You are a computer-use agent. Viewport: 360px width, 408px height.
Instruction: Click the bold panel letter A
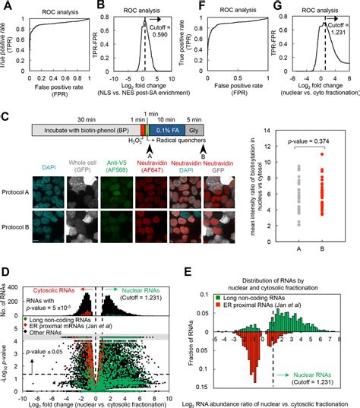(6, 6)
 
